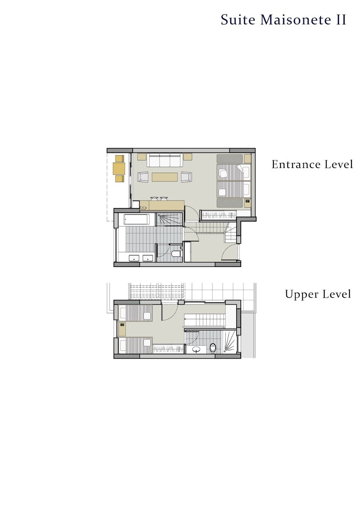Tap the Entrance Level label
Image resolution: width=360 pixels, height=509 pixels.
(312, 164)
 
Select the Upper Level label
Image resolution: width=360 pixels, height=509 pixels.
(318, 294)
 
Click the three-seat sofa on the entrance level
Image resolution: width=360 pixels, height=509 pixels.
(165, 160)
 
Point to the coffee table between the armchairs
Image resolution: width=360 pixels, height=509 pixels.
(165, 177)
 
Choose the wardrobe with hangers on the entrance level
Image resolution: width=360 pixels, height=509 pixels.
(218, 215)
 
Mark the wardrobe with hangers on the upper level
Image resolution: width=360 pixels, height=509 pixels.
(168, 349)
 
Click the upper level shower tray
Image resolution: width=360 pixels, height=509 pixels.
(230, 342)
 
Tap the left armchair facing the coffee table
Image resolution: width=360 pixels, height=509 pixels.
(143, 177)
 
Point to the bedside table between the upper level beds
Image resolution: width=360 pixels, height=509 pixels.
(122, 329)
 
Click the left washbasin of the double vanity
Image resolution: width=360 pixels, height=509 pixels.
(134, 258)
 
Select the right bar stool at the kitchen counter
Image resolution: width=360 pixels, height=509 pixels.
(163, 199)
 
